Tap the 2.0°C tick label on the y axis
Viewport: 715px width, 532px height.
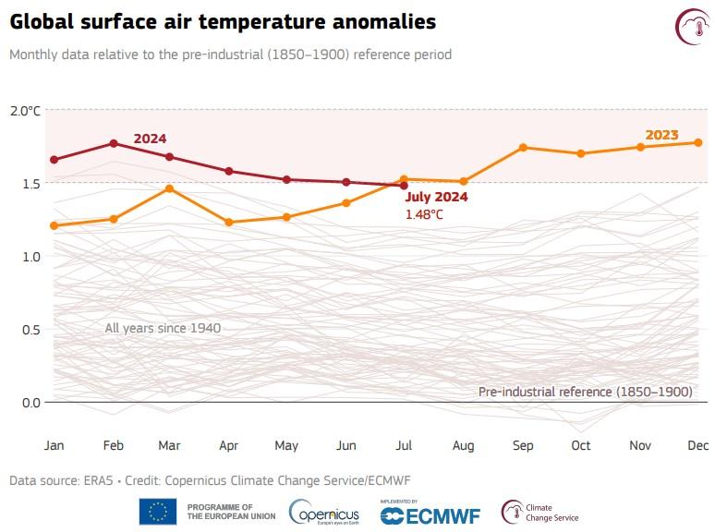[26, 111]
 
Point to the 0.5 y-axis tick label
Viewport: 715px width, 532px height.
[30, 330]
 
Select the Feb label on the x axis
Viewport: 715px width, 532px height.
[113, 445]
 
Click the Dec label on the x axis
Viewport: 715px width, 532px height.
[698, 445]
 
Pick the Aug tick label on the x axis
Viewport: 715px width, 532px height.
[464, 445]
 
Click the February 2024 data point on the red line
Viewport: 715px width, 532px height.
[113, 143]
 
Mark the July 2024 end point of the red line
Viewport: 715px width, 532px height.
[405, 186]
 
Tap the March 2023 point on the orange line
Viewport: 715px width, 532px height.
[170, 188]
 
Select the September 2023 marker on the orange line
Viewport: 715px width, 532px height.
[523, 148]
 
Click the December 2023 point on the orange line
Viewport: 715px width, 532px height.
[698, 142]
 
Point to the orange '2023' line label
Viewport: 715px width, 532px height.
[661, 135]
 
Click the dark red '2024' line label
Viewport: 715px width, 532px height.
[150, 139]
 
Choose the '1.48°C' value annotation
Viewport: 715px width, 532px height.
[424, 214]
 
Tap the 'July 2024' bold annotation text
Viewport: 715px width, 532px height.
[436, 197]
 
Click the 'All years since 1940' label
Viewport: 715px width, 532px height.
[163, 328]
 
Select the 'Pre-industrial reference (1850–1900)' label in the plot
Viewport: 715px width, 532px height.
[585, 392]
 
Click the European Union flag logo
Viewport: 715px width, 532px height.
[158, 511]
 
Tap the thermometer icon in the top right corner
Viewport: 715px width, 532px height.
[690, 25]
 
